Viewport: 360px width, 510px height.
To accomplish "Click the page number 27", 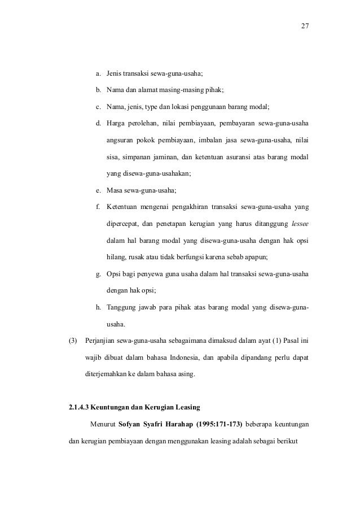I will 305,26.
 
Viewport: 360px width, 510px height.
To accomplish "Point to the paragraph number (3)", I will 72,341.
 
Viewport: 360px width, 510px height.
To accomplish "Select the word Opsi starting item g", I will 114,274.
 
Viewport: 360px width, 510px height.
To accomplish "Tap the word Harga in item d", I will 116,124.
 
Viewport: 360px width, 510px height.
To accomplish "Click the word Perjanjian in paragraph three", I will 100,341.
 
